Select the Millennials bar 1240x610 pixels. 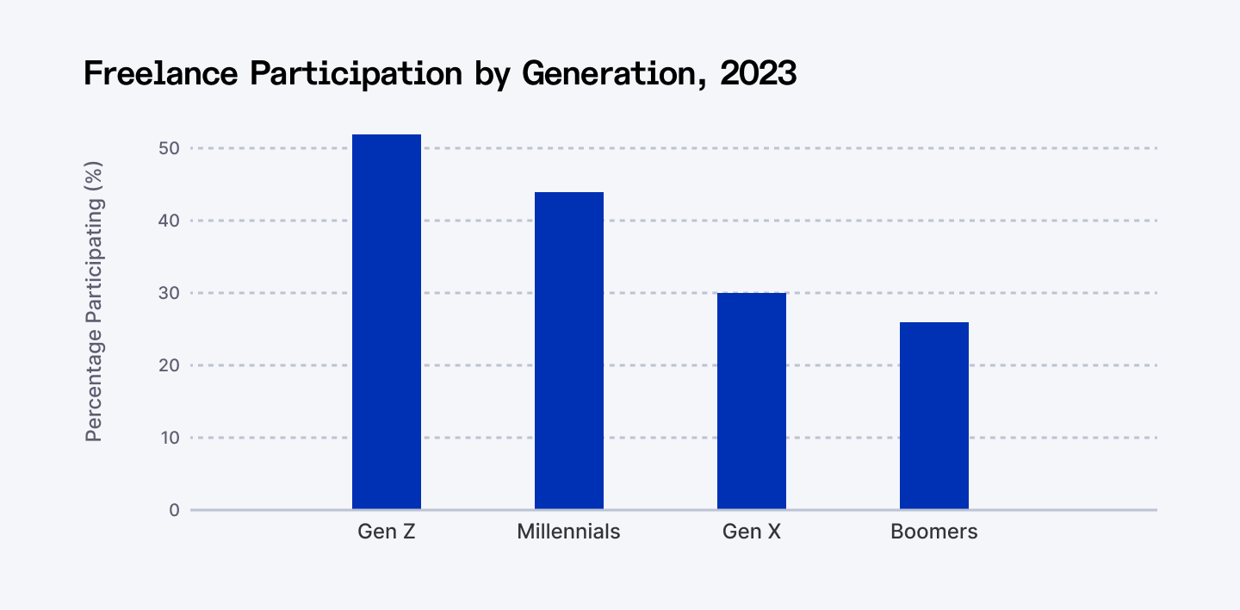(x=568, y=351)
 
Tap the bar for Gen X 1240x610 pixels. (x=751, y=401)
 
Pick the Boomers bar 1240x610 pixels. (x=933, y=415)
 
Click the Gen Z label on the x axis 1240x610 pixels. (x=387, y=532)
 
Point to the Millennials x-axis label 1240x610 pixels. (x=568, y=532)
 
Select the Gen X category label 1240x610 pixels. (x=751, y=532)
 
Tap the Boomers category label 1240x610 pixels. (x=933, y=532)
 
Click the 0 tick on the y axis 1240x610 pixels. (x=174, y=510)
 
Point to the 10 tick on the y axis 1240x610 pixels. (x=169, y=438)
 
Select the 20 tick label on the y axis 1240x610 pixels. (x=169, y=365)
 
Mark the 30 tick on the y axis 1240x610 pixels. (x=169, y=293)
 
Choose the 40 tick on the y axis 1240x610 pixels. (x=169, y=221)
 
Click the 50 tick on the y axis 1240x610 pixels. (x=169, y=148)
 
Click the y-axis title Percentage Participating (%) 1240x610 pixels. (x=94, y=302)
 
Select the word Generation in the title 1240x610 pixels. (x=615, y=75)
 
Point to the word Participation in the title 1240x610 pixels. (x=356, y=75)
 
